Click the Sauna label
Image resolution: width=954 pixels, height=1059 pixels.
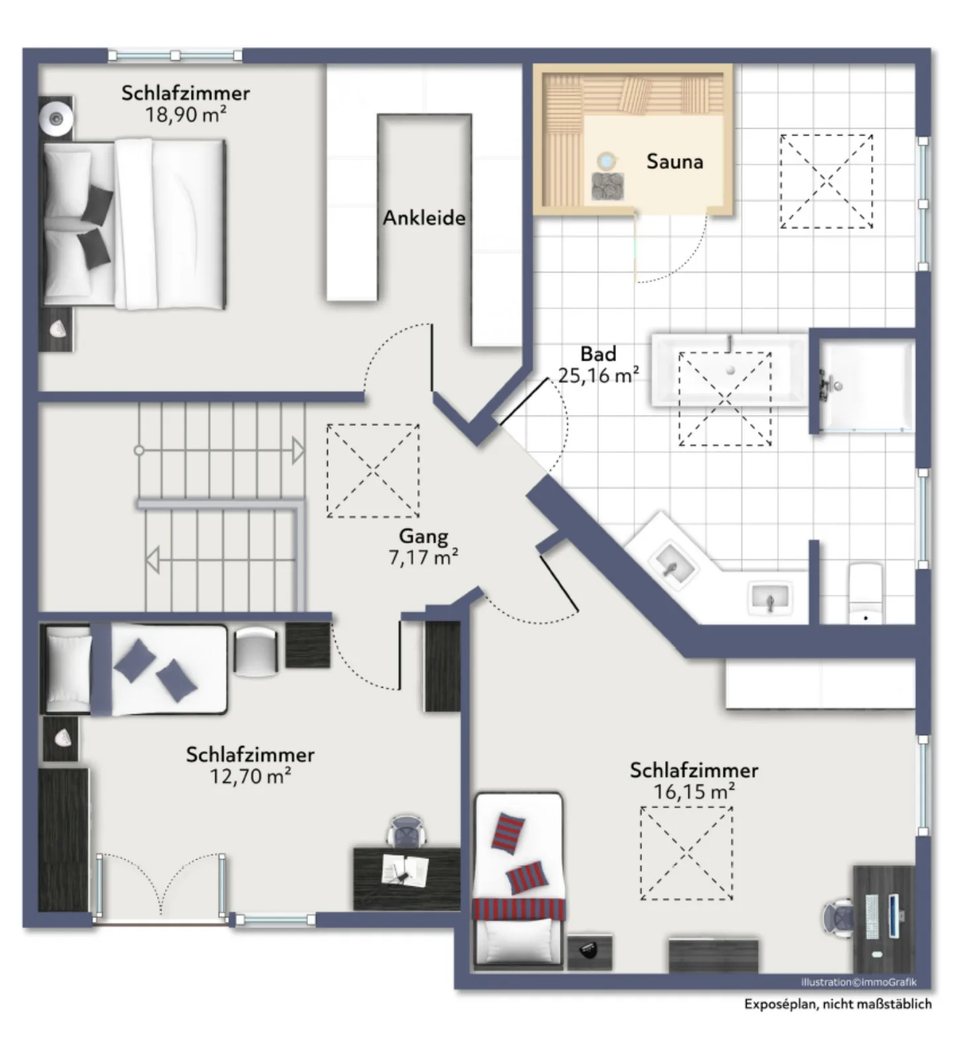point(674,161)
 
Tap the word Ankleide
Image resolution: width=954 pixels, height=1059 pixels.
point(424,218)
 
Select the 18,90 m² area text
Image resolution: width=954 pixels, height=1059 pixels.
point(185,115)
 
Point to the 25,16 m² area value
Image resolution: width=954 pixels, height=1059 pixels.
point(598,375)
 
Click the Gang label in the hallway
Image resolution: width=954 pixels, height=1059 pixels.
point(423,536)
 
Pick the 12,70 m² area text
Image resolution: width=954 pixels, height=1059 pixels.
point(250,776)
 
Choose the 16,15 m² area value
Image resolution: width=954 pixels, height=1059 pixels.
point(694,792)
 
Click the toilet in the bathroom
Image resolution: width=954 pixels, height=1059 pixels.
point(866,593)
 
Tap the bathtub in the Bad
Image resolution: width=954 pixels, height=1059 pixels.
point(729,369)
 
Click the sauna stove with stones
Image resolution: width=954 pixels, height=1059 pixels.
point(608,186)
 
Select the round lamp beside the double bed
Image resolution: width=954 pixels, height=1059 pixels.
point(56,118)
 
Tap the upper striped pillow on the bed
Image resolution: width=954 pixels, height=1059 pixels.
point(508,831)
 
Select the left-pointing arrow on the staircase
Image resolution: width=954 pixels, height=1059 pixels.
point(152,561)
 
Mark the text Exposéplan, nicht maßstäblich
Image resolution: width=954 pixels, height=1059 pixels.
point(838,1004)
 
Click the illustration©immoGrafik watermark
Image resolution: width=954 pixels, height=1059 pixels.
point(859,982)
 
